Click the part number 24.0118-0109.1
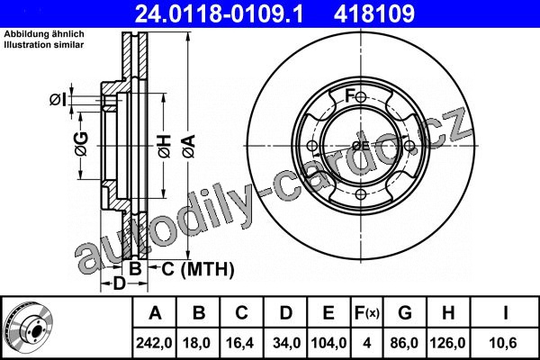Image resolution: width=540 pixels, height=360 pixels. (x=220, y=13)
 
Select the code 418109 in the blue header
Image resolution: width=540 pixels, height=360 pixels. (x=374, y=13)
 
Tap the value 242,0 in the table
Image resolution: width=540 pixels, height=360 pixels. (x=154, y=343)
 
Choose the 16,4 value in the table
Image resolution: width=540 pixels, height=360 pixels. (x=239, y=343)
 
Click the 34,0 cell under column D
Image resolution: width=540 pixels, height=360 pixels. (x=286, y=343)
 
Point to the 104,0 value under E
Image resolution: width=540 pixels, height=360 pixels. (x=328, y=343)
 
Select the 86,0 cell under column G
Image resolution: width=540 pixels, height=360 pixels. (x=404, y=343)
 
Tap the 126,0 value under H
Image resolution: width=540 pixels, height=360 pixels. (x=447, y=343)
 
